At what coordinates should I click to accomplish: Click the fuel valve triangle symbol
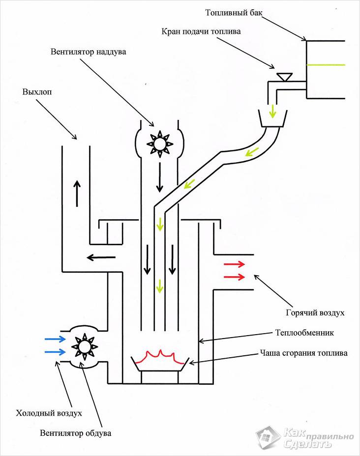284,77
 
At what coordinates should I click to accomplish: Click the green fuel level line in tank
326,65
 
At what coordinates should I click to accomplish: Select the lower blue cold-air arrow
54,351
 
